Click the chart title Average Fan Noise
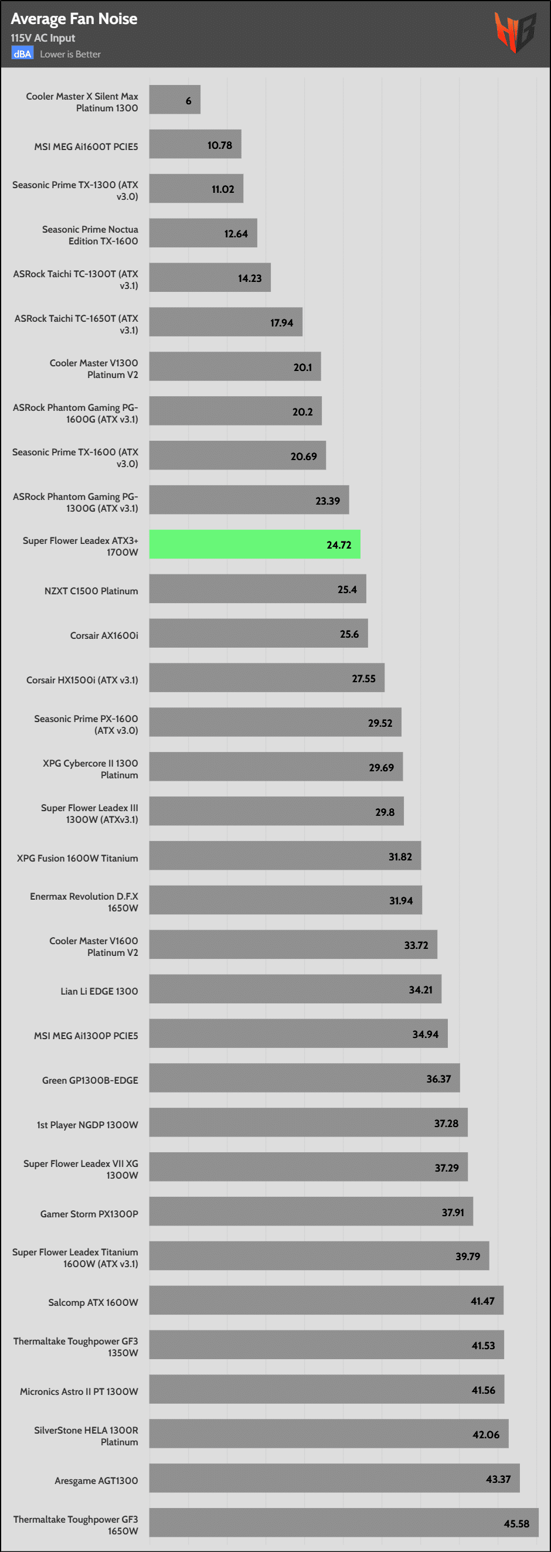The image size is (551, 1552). tap(73, 19)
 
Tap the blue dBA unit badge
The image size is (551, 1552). tap(22, 53)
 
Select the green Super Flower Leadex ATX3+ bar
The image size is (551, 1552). tap(254, 544)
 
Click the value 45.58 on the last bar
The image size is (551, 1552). tap(516, 1523)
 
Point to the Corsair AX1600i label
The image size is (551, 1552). tap(104, 635)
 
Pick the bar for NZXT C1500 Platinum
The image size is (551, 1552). tap(257, 588)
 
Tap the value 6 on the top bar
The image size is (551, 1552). tap(188, 101)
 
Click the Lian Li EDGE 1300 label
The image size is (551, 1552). tap(99, 991)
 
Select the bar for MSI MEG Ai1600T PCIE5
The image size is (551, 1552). tap(195, 144)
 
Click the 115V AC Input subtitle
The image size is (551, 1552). tap(43, 38)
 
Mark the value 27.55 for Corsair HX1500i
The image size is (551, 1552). tap(363, 678)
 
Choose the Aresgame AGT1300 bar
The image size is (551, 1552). tap(334, 1478)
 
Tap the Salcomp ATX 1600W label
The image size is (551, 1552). tap(93, 1302)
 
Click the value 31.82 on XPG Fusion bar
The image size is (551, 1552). tap(400, 856)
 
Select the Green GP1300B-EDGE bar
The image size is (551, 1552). tap(304, 1078)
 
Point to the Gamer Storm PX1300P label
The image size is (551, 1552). tap(89, 1213)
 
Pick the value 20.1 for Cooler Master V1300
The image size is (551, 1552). tap(302, 367)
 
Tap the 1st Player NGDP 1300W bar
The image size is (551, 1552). tap(308, 1122)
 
